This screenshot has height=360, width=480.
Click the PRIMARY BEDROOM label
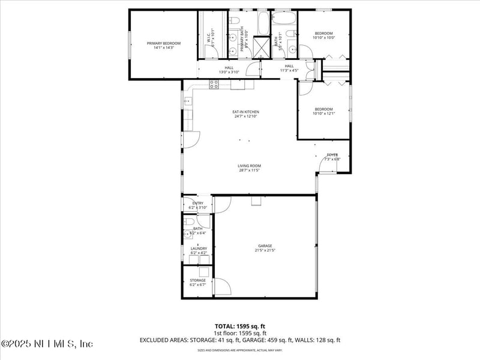click(x=164, y=43)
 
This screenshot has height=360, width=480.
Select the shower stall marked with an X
click(x=262, y=47)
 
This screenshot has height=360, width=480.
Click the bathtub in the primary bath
click(x=264, y=23)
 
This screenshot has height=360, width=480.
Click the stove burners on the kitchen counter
click(x=214, y=85)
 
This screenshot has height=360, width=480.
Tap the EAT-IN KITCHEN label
click(x=246, y=112)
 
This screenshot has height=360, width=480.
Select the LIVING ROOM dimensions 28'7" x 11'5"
click(x=249, y=170)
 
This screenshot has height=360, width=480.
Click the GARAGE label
click(x=265, y=245)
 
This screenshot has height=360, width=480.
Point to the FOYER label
click(x=332, y=155)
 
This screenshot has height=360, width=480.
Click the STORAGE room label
click(x=198, y=280)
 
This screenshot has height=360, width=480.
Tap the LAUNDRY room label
click(x=199, y=248)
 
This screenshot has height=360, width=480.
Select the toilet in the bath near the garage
click(x=188, y=221)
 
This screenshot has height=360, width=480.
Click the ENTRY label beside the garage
click(x=198, y=203)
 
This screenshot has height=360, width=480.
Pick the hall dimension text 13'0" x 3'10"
click(x=229, y=72)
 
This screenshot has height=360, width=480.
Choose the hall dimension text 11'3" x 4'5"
click(x=289, y=70)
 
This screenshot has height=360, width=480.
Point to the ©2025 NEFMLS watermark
click(x=47, y=344)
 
